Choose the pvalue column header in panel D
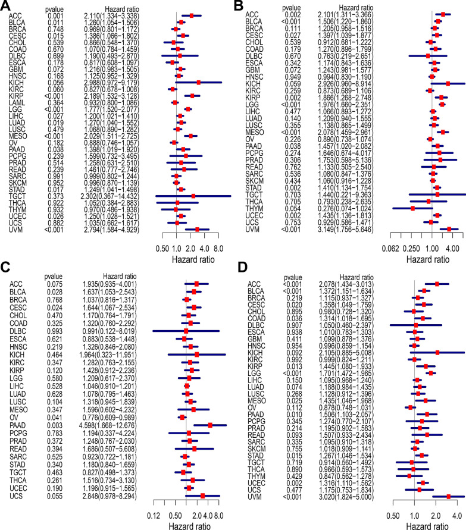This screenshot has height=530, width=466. [290, 294]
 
